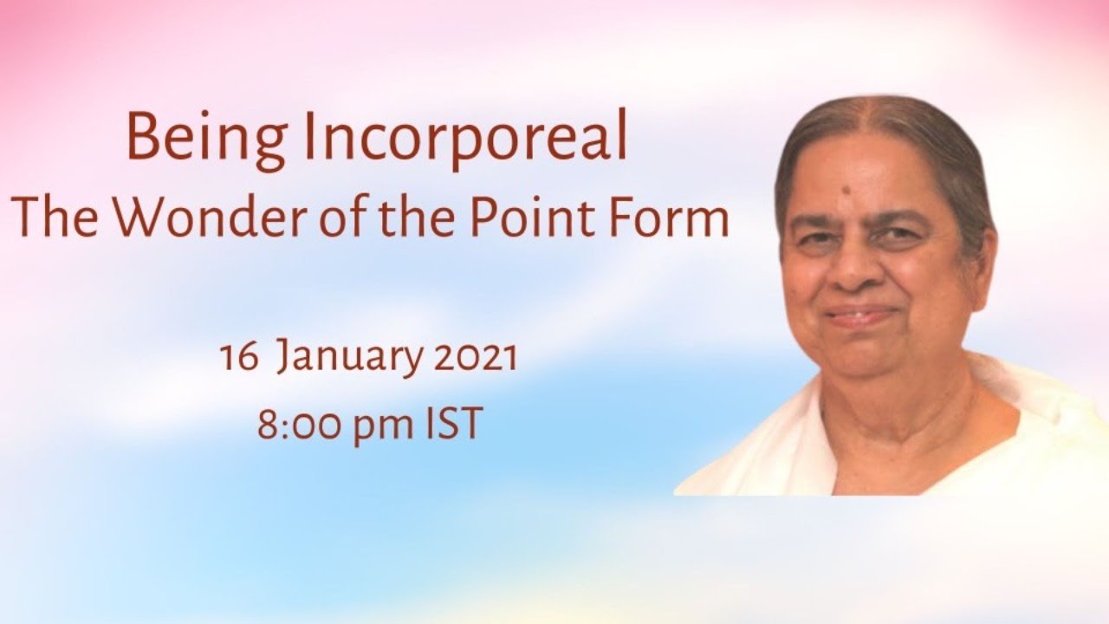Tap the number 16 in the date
point(239,358)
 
